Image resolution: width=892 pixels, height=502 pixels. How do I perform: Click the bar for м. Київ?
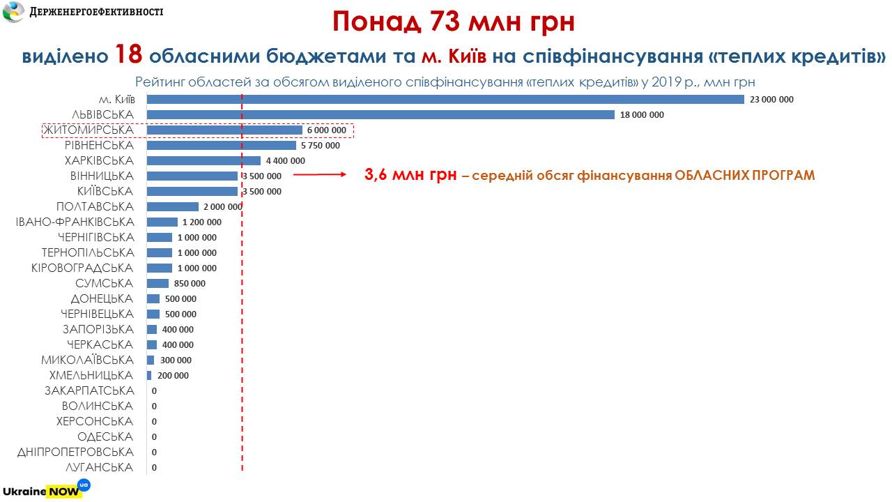pyautogui.click(x=446, y=100)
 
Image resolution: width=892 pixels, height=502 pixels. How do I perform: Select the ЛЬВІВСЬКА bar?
pyautogui.click(x=380, y=115)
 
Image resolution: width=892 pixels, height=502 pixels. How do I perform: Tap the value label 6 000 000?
pyautogui.click(x=326, y=130)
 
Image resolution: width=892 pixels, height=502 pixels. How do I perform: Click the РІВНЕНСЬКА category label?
pyautogui.click(x=99, y=146)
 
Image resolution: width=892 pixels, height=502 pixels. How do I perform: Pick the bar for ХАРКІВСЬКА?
pyautogui.click(x=203, y=161)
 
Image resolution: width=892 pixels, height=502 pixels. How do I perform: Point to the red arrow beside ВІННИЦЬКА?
pyautogui.click(x=320, y=176)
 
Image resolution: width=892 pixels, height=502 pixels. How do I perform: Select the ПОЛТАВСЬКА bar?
pyautogui.click(x=173, y=207)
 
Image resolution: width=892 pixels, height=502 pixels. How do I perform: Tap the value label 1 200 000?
pyautogui.click(x=201, y=222)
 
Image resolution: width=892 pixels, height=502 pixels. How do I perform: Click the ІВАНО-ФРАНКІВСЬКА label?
pyautogui.click(x=75, y=222)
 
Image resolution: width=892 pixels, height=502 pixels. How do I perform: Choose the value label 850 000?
pyautogui.click(x=190, y=284)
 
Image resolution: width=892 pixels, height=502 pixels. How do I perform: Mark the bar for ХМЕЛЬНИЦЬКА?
pyautogui.click(x=149, y=376)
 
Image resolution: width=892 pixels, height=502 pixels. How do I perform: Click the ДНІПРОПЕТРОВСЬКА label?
pyautogui.click(x=75, y=452)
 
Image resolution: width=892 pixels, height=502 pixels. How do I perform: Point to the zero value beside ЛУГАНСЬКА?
pyautogui.click(x=154, y=468)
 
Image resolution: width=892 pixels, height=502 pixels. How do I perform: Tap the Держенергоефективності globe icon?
pyautogui.click(x=14, y=12)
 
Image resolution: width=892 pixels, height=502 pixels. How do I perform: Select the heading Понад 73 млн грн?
pyautogui.click(x=453, y=22)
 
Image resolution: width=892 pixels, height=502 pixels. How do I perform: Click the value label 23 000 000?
pyautogui.click(x=771, y=100)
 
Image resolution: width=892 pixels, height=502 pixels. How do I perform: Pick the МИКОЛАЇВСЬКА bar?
pyautogui.click(x=151, y=360)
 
